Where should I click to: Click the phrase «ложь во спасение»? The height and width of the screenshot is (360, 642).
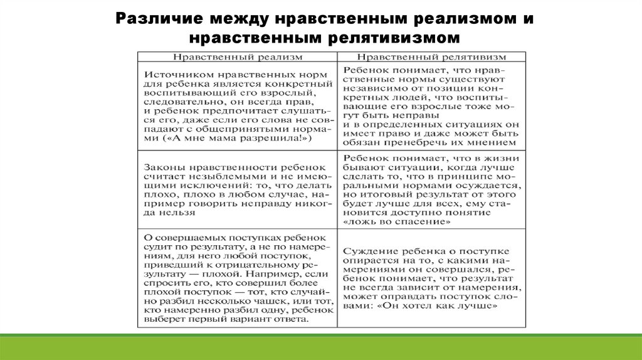(x=396, y=222)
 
